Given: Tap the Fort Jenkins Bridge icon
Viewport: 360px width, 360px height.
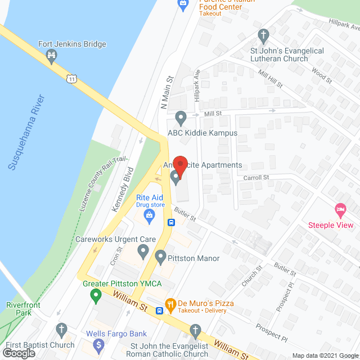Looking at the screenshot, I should click(x=52, y=55).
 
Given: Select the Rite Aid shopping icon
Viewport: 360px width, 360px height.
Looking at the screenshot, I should click(x=150, y=214).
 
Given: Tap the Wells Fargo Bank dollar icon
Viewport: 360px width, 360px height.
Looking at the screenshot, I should click(x=99, y=344).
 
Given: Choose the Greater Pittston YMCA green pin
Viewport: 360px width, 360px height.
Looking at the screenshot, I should click(x=96, y=294).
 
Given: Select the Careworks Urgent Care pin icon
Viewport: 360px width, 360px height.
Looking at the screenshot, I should click(x=143, y=250).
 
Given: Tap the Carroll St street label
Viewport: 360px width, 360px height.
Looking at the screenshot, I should click(x=257, y=177).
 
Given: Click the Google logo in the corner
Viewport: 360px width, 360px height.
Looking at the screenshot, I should click(x=19, y=353).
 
